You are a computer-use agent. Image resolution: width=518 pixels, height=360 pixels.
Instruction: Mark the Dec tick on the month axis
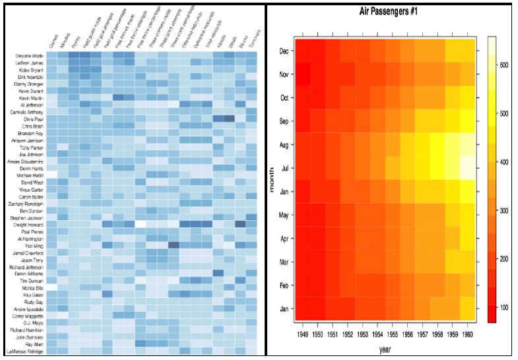[284, 51]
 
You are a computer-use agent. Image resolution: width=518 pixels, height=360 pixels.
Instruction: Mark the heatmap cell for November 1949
[303, 74]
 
